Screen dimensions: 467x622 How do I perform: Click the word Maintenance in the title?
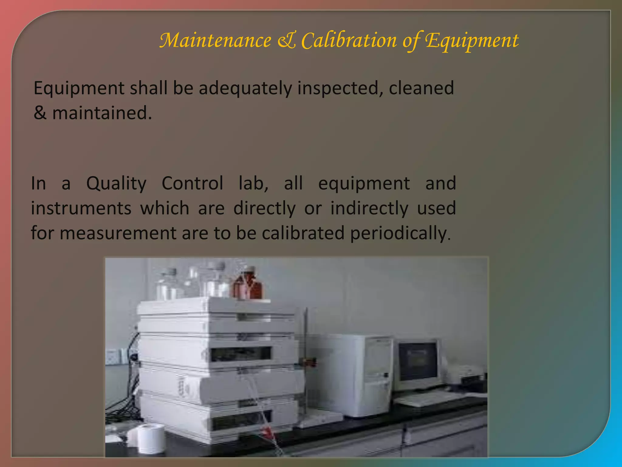[215, 40]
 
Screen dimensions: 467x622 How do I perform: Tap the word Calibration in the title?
[349, 40]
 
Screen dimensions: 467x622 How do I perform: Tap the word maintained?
[102, 113]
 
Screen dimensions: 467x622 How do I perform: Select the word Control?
[192, 183]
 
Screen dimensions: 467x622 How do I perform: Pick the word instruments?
[81, 209]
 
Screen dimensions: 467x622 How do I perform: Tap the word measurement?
[118, 233]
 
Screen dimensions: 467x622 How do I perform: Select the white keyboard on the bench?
[428, 399]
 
